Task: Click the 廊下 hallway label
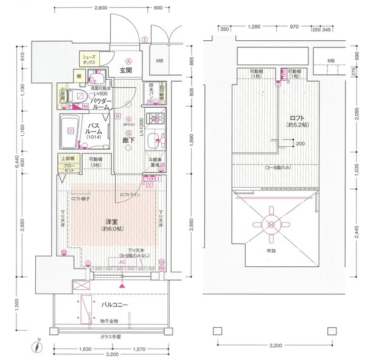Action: point(129,139)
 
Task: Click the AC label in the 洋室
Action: point(122,262)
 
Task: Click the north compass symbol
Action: point(36,348)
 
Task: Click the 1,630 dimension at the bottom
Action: point(84,349)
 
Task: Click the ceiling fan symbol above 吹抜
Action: point(269,221)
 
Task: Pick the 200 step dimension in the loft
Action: point(300,144)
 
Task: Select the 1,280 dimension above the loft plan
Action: point(254,27)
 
